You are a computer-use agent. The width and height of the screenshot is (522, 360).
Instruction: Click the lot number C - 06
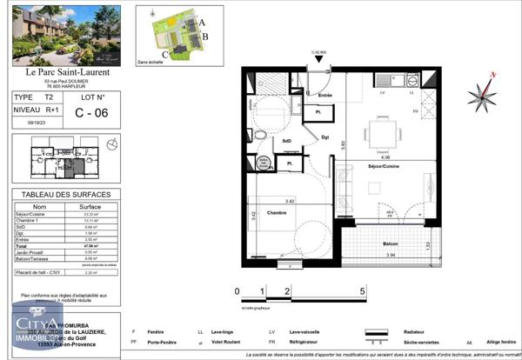(91, 112)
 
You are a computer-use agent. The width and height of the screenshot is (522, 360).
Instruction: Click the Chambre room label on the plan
(277, 212)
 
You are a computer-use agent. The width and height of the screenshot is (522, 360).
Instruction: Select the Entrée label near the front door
(325, 96)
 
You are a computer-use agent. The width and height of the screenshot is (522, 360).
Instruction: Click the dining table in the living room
(379, 132)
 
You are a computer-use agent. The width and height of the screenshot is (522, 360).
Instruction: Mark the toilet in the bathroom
(260, 136)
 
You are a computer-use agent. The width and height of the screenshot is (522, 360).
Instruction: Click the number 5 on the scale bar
(362, 292)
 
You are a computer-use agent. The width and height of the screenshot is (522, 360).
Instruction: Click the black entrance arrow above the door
(318, 60)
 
